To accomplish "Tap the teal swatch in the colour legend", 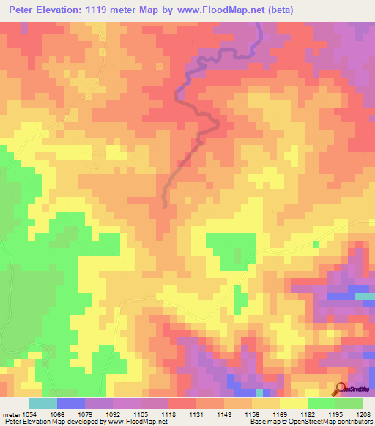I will coord(42,403).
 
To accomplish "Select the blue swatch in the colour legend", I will coord(71,403).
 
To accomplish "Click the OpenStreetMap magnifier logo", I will coord(341,389).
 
